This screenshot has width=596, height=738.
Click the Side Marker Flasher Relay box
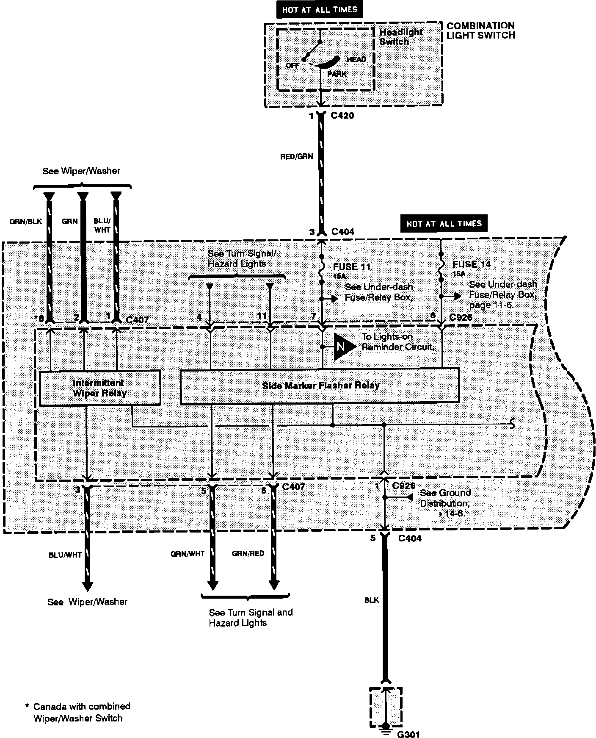pyautogui.click(x=320, y=386)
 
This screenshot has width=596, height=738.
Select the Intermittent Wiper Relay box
pyautogui.click(x=99, y=388)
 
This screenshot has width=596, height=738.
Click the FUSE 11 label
pyautogui.click(x=352, y=267)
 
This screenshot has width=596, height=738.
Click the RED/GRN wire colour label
pyautogui.click(x=296, y=156)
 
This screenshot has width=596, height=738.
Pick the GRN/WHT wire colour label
pyautogui.click(x=188, y=554)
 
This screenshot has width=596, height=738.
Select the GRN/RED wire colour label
pyautogui.click(x=248, y=553)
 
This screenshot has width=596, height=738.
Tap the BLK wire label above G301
pyautogui.click(x=372, y=600)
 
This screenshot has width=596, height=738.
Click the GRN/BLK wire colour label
pyautogui.click(x=25, y=221)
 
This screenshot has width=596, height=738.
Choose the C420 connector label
pyautogui.click(x=342, y=116)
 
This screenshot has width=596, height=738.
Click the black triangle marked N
pyautogui.click(x=343, y=347)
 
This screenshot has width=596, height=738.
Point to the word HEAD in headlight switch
pyautogui.click(x=356, y=59)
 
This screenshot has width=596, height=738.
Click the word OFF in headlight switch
pyautogui.click(x=292, y=65)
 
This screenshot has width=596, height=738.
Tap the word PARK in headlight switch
pyautogui.click(x=337, y=74)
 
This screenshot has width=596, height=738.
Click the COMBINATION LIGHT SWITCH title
pyautogui.click(x=481, y=31)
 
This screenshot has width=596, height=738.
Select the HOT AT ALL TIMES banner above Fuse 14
pyautogui.click(x=444, y=223)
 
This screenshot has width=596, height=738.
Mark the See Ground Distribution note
pyautogui.click(x=445, y=503)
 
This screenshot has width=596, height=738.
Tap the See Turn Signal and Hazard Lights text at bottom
pyautogui.click(x=251, y=618)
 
